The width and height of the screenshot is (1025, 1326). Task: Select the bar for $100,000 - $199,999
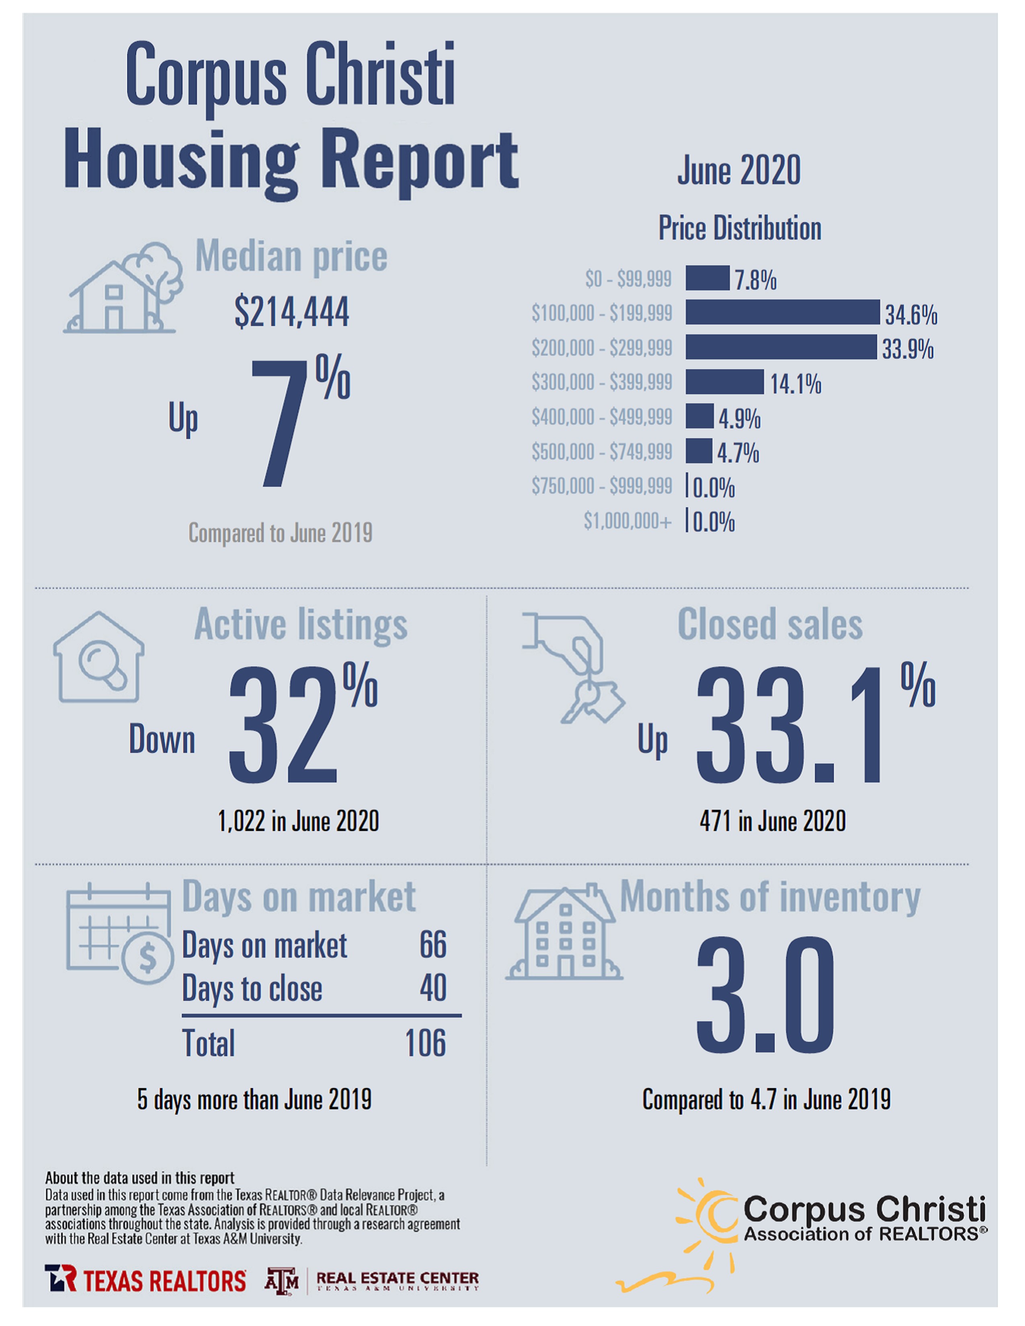click(x=782, y=312)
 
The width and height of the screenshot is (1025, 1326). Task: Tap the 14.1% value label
click(x=795, y=384)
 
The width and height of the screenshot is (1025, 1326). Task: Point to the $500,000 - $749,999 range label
click(x=601, y=452)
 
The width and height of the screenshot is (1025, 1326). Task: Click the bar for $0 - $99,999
click(x=707, y=278)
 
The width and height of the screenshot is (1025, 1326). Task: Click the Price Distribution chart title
click(x=740, y=229)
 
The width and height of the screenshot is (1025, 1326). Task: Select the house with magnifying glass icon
click(x=98, y=657)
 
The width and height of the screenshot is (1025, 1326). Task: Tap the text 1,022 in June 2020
click(x=298, y=821)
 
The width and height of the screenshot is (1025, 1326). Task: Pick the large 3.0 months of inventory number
click(x=765, y=996)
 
